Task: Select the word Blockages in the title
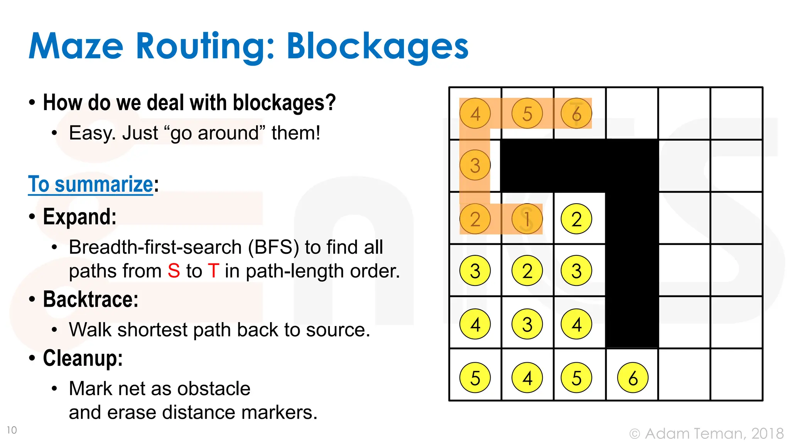pyautogui.click(x=377, y=47)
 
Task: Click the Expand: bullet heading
pyautogui.click(x=79, y=217)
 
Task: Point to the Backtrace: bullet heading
pyautogui.click(x=91, y=299)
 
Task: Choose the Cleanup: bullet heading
pyautogui.click(x=83, y=358)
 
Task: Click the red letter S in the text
pyautogui.click(x=174, y=271)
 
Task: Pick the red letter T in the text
pyautogui.click(x=214, y=271)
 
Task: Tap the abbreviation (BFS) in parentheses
pyautogui.click(x=273, y=247)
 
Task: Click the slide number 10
pyautogui.click(x=12, y=430)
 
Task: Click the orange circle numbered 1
pyautogui.click(x=527, y=219)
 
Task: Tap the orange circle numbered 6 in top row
pyautogui.click(x=576, y=114)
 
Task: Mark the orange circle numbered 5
pyautogui.click(x=527, y=114)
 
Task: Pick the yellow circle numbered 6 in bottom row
pyautogui.click(x=633, y=378)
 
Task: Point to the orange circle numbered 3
pyautogui.click(x=475, y=165)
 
